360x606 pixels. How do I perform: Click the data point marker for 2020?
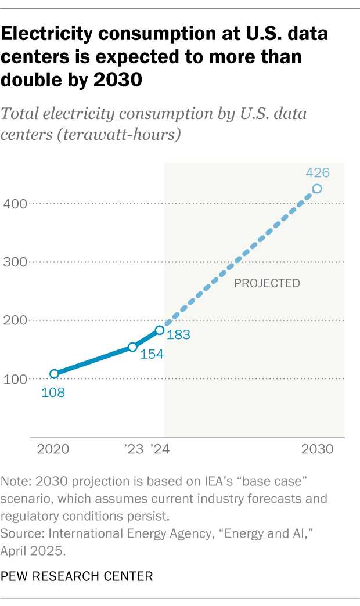[54, 374]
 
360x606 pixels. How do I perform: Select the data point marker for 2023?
[132, 347]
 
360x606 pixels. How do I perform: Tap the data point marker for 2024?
[159, 330]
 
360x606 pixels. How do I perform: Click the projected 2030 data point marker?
[317, 189]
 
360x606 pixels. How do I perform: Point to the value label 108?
[53, 392]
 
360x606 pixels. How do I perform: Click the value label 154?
[152, 353]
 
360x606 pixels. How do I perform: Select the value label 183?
[179, 335]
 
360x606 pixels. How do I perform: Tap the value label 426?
[317, 172]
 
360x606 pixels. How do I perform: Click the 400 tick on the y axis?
[15, 204]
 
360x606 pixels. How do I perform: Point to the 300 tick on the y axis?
[15, 262]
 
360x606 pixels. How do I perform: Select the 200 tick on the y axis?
[15, 320]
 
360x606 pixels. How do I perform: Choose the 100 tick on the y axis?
[15, 379]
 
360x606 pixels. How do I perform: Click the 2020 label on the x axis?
[53, 450]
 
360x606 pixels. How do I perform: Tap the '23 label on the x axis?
[133, 450]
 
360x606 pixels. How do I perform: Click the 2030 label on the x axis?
[317, 450]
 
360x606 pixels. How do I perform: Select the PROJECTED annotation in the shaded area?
[267, 283]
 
